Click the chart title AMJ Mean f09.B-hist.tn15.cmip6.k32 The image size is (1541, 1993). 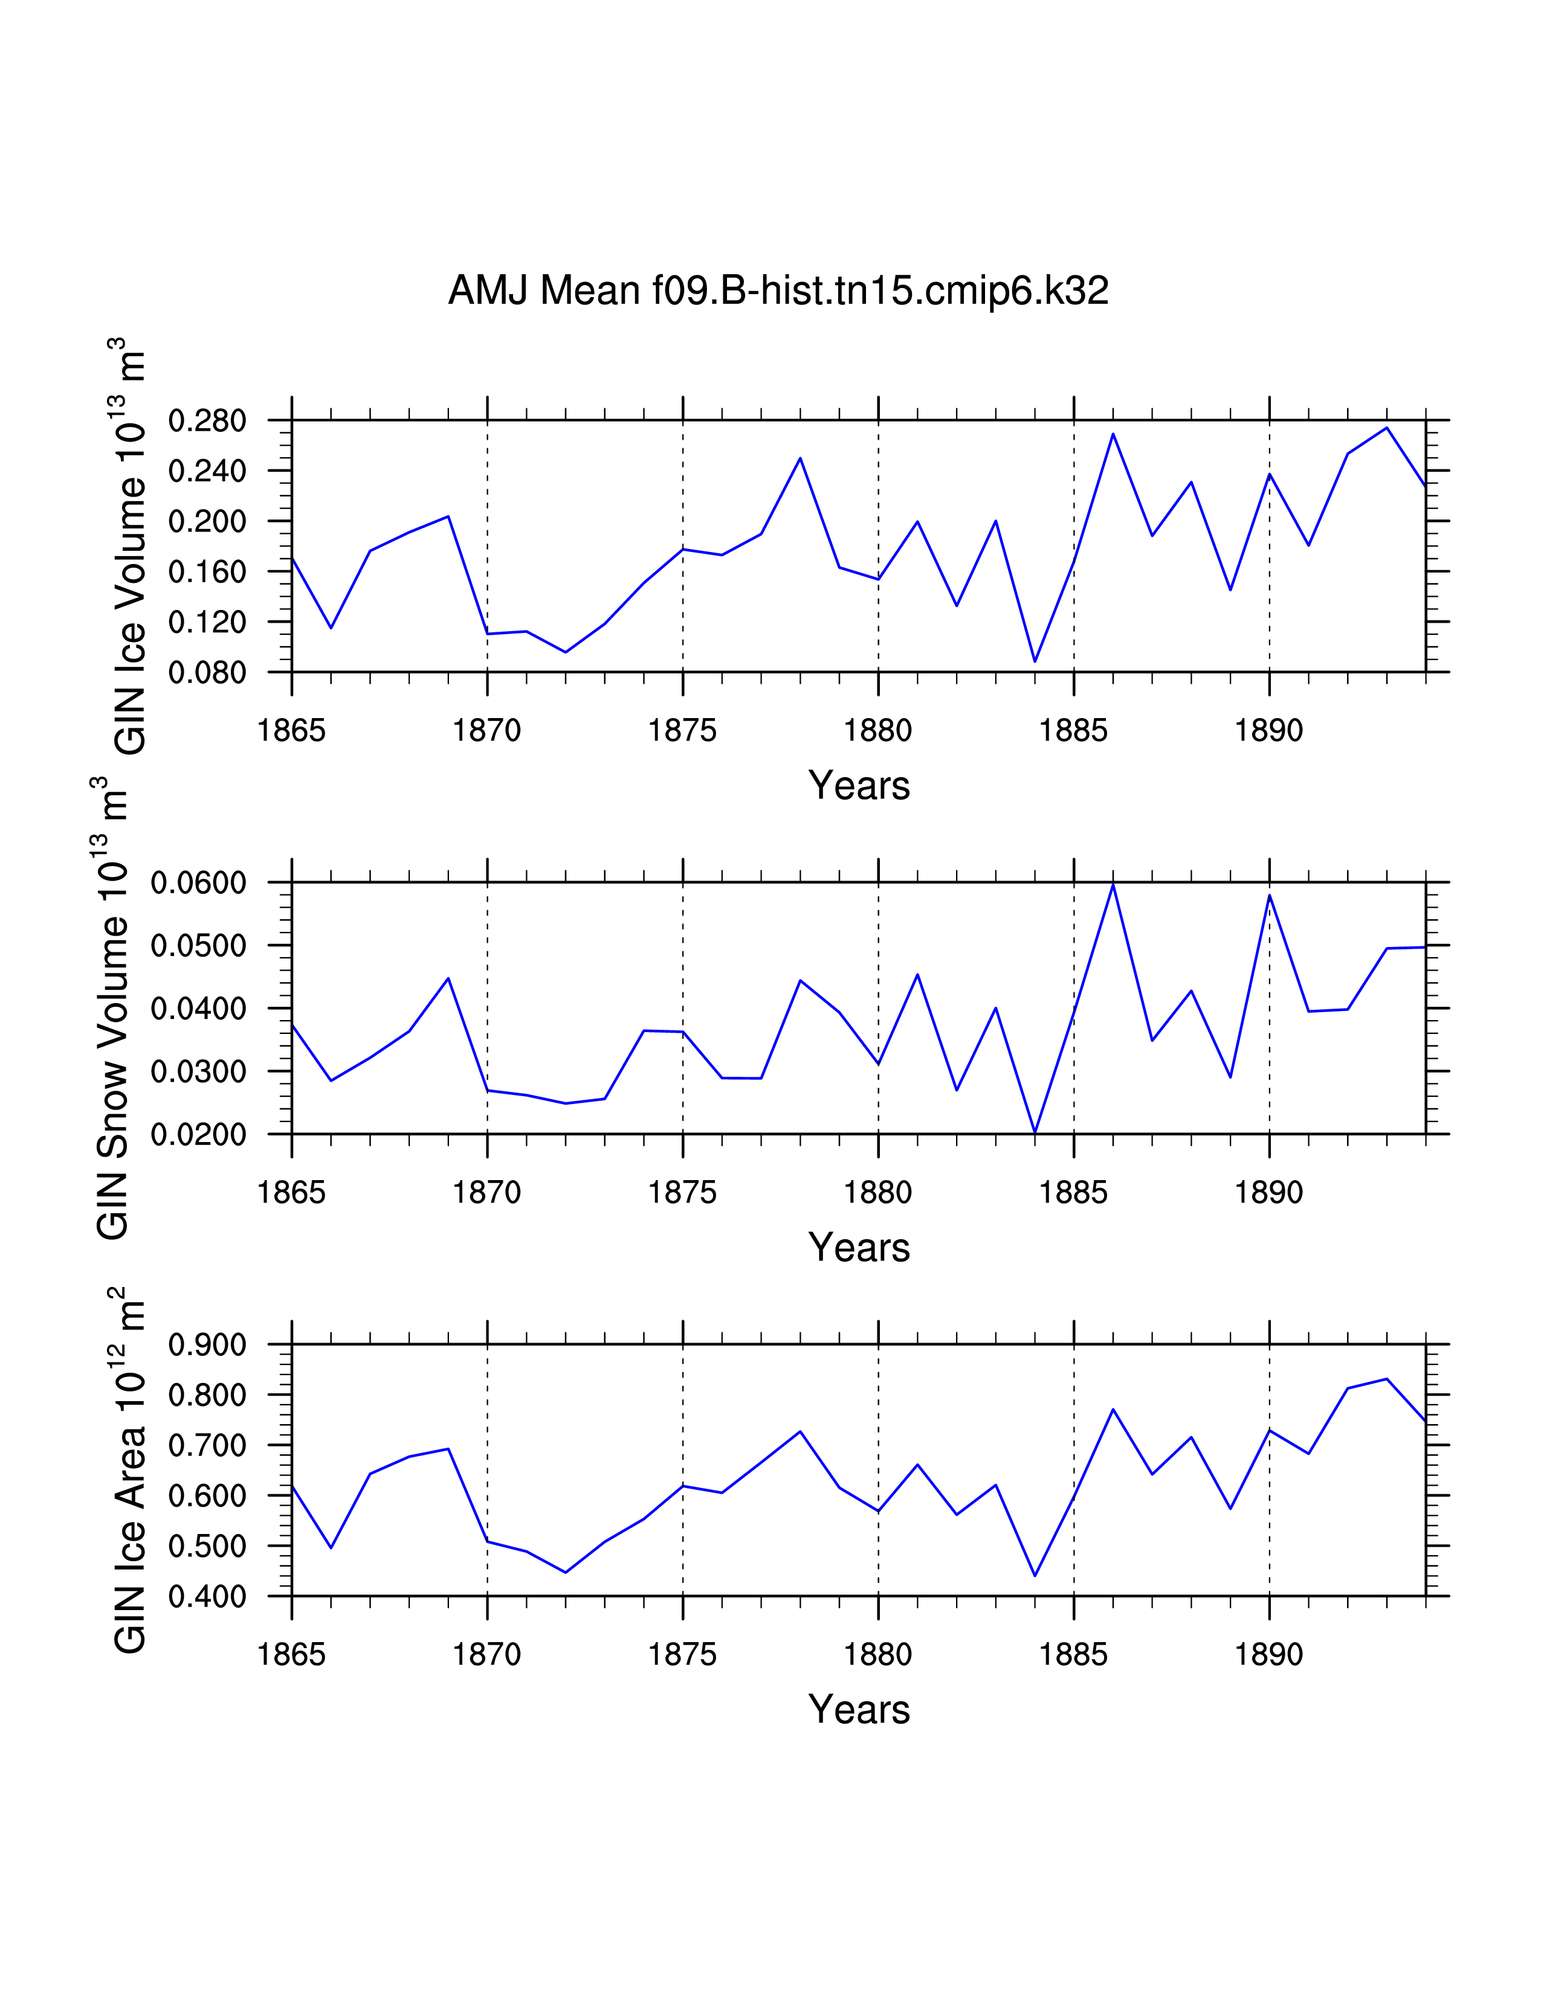(778, 291)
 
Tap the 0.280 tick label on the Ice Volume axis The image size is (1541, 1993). (207, 422)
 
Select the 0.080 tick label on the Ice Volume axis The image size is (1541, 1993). (207, 673)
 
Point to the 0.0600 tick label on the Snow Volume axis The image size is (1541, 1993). (199, 884)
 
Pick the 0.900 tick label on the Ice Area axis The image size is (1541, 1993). (207, 1345)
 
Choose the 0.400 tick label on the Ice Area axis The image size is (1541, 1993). (207, 1597)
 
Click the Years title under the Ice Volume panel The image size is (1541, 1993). (859, 786)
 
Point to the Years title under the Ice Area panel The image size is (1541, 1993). (859, 1709)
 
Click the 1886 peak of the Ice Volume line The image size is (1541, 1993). (1113, 434)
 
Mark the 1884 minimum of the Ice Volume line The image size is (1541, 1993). (1035, 661)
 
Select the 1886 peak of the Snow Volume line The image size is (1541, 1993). (1113, 884)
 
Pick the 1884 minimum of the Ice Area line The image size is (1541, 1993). (1035, 1576)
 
